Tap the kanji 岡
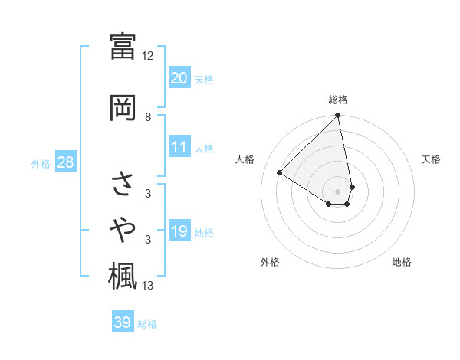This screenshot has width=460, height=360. [x=123, y=108]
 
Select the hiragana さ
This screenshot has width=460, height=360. [x=123, y=184]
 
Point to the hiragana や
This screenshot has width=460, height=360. [x=123, y=227]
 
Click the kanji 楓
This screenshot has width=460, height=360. [x=123, y=274]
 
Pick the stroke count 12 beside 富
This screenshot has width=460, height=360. [x=147, y=56]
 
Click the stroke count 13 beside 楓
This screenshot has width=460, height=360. [x=148, y=286]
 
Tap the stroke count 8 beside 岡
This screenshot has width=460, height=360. [x=148, y=116]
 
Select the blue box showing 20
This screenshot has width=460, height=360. [x=179, y=77]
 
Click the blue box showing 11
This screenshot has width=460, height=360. [x=179, y=147]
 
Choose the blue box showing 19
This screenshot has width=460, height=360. [x=179, y=231]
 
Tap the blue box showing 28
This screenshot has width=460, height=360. [x=65, y=162]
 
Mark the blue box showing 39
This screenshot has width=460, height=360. [x=122, y=322]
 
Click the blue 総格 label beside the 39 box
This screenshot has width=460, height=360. [x=147, y=324]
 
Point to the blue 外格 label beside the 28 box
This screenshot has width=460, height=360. [x=41, y=163]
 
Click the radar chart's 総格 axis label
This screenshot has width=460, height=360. [x=338, y=100]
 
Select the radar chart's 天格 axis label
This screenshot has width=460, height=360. [x=431, y=159]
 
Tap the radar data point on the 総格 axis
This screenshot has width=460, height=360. [x=338, y=116]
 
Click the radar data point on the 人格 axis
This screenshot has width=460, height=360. [x=280, y=172]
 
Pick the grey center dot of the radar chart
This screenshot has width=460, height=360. [x=338, y=191]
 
